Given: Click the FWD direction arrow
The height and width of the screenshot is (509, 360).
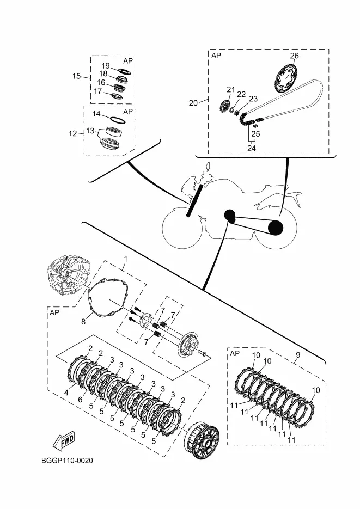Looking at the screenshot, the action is (63, 440).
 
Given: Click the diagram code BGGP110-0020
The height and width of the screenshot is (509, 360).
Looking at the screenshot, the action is (67, 461).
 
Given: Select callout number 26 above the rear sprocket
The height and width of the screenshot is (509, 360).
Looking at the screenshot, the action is (294, 56).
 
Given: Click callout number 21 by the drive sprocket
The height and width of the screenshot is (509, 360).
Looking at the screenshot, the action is (230, 89).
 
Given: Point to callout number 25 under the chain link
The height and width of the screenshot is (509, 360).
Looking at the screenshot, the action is (256, 133).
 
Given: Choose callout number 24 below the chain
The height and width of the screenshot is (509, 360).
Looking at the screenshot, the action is (252, 148).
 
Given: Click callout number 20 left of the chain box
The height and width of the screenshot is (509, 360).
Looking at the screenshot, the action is (193, 103).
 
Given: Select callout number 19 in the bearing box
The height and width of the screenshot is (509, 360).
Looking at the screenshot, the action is (106, 65).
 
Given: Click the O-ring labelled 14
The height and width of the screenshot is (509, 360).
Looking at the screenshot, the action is (116, 119).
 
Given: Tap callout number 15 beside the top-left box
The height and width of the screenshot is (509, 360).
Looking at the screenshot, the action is (76, 76).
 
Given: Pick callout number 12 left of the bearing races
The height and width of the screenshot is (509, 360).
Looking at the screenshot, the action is (73, 133).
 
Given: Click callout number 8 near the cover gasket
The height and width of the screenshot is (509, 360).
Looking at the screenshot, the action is (83, 322).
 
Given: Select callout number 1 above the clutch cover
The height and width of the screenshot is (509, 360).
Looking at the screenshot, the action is (126, 259).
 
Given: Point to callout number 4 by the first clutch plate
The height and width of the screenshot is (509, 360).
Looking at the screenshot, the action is (66, 393).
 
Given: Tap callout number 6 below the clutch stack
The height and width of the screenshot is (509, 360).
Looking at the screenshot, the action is (80, 400).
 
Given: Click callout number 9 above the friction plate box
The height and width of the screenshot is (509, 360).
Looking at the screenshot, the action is (298, 355).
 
